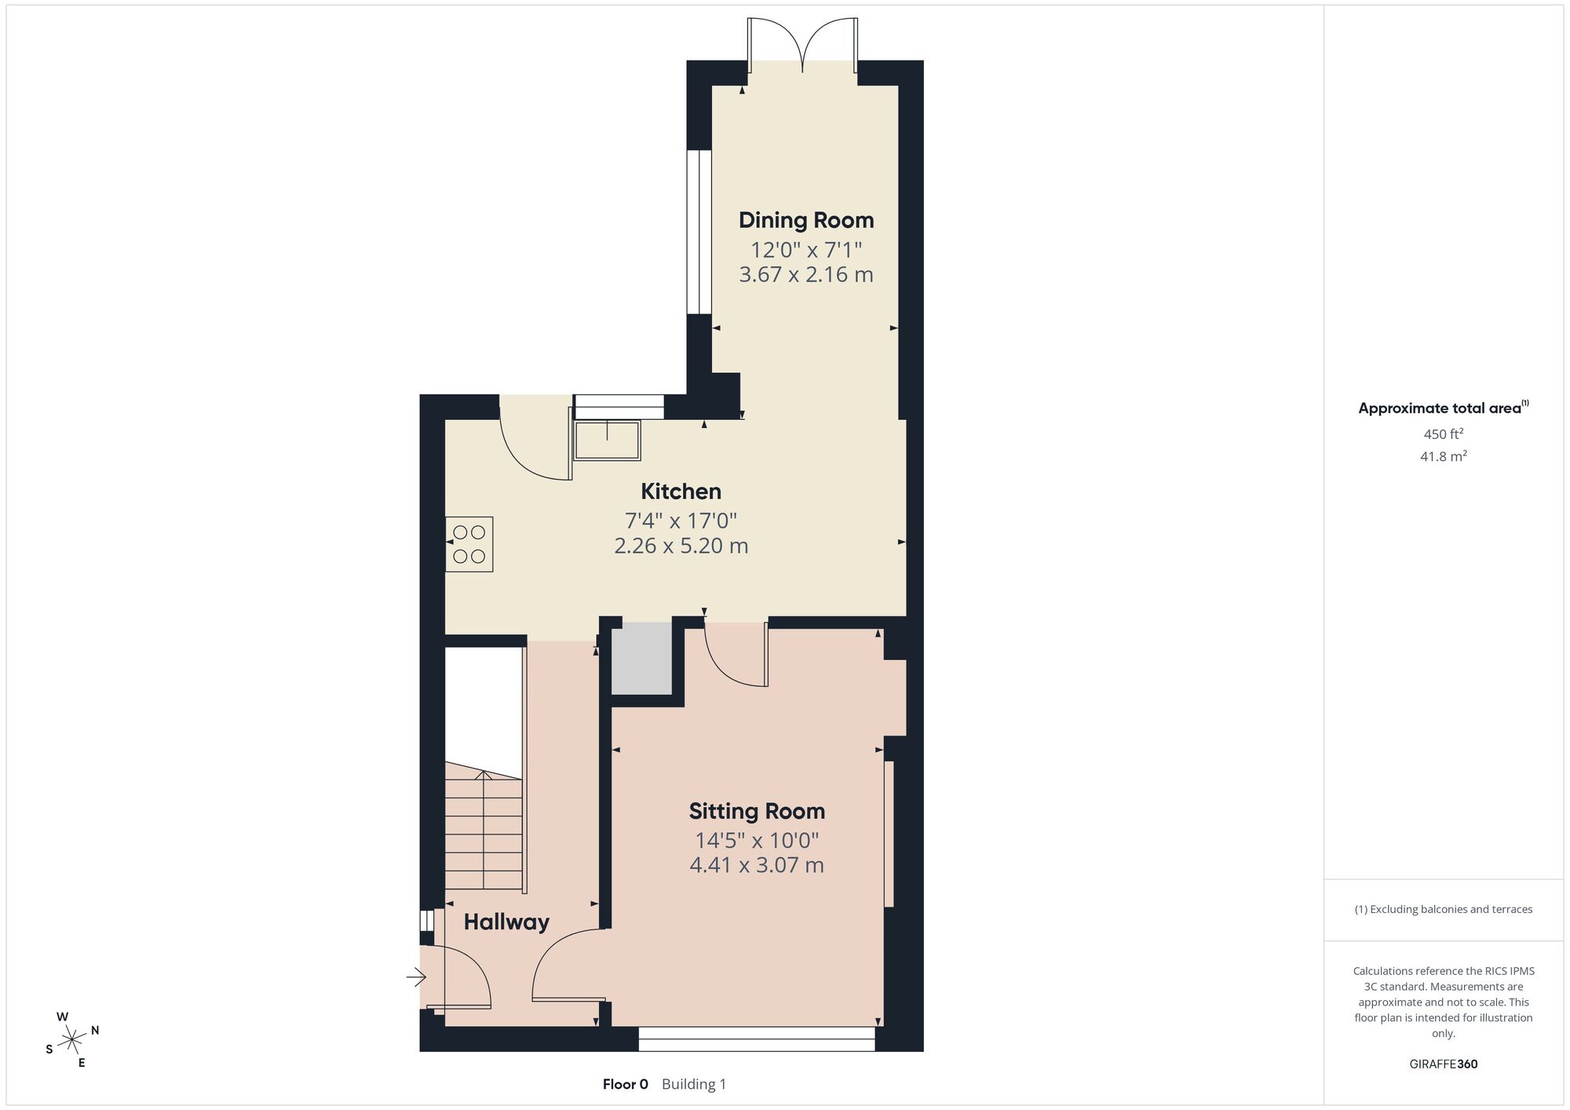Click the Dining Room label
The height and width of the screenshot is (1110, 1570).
(806, 221)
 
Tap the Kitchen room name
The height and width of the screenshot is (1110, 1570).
(681, 491)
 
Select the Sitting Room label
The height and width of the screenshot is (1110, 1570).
(757, 812)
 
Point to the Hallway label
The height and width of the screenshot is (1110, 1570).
(506, 922)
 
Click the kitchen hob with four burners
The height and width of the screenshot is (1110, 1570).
(469, 544)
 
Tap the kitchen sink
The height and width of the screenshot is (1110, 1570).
(608, 440)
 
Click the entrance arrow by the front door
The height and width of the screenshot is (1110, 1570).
(415, 977)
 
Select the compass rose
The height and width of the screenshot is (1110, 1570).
(72, 1041)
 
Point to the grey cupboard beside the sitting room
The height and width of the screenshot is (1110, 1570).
(642, 659)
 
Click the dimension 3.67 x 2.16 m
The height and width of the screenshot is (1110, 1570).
(806, 275)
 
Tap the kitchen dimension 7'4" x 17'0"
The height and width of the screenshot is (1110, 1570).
(681, 520)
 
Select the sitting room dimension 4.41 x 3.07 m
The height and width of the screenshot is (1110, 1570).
(757, 865)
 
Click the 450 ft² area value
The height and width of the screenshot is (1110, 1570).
(1443, 433)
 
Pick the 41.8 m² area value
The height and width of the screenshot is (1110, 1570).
(1443, 456)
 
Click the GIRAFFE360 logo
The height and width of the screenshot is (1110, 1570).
(1443, 1064)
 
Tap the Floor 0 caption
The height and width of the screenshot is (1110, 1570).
(626, 1085)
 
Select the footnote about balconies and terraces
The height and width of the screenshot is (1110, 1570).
(1443, 909)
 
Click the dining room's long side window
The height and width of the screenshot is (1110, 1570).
(699, 232)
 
